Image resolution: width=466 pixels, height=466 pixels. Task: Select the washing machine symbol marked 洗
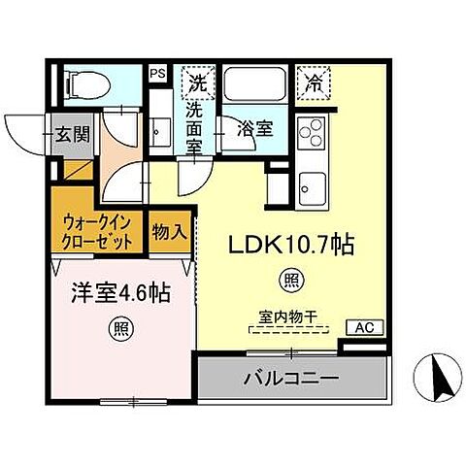click(x=198, y=81)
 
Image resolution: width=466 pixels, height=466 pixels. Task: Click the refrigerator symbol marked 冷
click(x=313, y=82)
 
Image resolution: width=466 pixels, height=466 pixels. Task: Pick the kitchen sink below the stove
click(x=313, y=183)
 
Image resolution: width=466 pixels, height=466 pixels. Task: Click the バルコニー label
click(x=292, y=376)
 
